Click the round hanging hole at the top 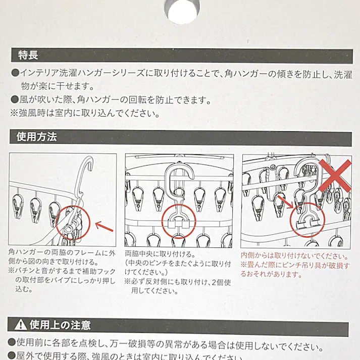(x=180, y=11)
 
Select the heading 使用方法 (x=36, y=137)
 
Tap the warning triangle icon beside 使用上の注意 (x=22, y=324)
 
